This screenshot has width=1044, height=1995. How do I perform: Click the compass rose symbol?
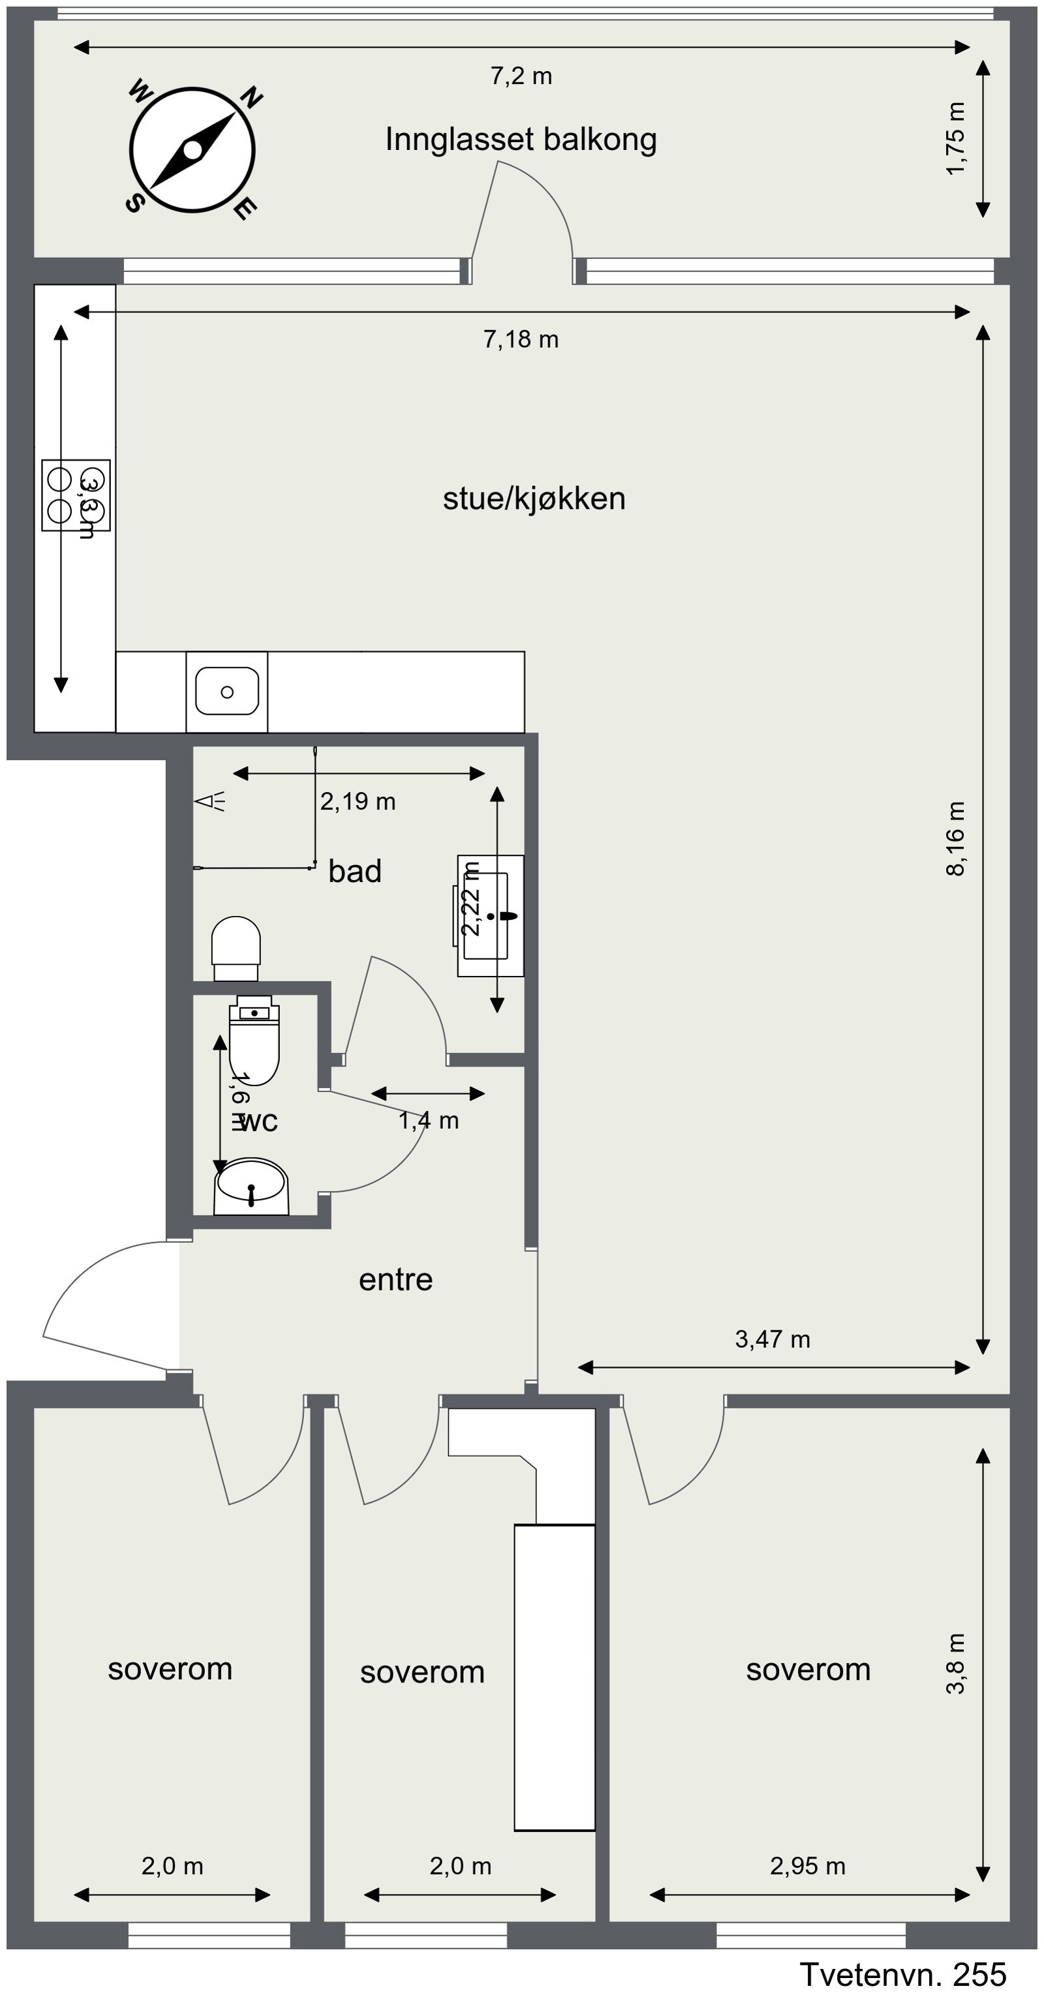pyautogui.click(x=192, y=150)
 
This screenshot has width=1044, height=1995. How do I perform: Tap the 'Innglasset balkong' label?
pyautogui.click(x=521, y=140)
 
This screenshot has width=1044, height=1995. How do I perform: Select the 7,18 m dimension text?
pyautogui.click(x=521, y=339)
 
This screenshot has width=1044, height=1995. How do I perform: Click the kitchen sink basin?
pyautogui.click(x=227, y=691)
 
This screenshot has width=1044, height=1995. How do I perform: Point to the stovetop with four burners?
pyautogui.click(x=75, y=495)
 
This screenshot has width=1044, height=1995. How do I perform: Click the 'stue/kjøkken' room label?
pyautogui.click(x=534, y=498)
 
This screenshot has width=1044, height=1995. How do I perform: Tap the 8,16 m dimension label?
pyautogui.click(x=956, y=839)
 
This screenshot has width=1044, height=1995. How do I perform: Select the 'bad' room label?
pyautogui.click(x=355, y=872)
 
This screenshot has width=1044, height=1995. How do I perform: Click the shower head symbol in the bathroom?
pyautogui.click(x=209, y=802)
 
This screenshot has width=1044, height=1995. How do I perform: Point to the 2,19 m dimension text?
pyautogui.click(x=358, y=802)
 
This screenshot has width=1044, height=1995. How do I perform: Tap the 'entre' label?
pyautogui.click(x=395, y=1279)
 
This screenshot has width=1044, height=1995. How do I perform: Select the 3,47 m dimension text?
pyautogui.click(x=772, y=1339)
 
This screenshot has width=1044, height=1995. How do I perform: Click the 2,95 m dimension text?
pyautogui.click(x=807, y=1866)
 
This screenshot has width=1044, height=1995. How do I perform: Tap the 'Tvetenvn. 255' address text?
pyautogui.click(x=902, y=1974)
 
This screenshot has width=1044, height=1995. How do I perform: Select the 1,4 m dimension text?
pyautogui.click(x=428, y=1121)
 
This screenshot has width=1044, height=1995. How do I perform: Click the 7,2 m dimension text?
pyautogui.click(x=521, y=76)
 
